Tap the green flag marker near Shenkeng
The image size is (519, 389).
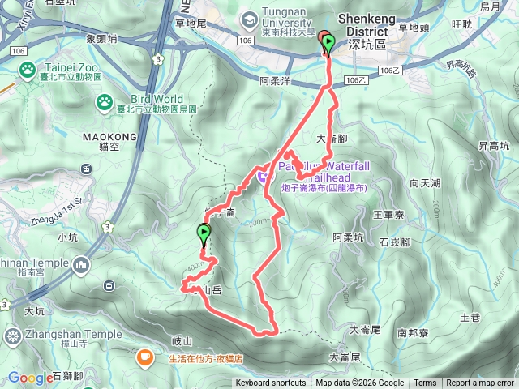click(328, 43)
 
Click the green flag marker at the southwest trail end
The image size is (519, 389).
click(203, 234)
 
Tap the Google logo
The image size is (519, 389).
click(30, 377)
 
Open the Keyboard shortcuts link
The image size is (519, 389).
click(271, 383)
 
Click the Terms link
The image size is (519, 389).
click(425, 383)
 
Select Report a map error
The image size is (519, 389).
click(481, 383)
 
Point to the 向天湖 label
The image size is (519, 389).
click(426, 184)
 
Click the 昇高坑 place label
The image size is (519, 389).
click(493, 147)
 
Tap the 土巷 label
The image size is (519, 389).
click(470, 318)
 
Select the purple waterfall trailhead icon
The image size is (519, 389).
click(262, 172)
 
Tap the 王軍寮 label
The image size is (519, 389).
click(387, 215)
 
